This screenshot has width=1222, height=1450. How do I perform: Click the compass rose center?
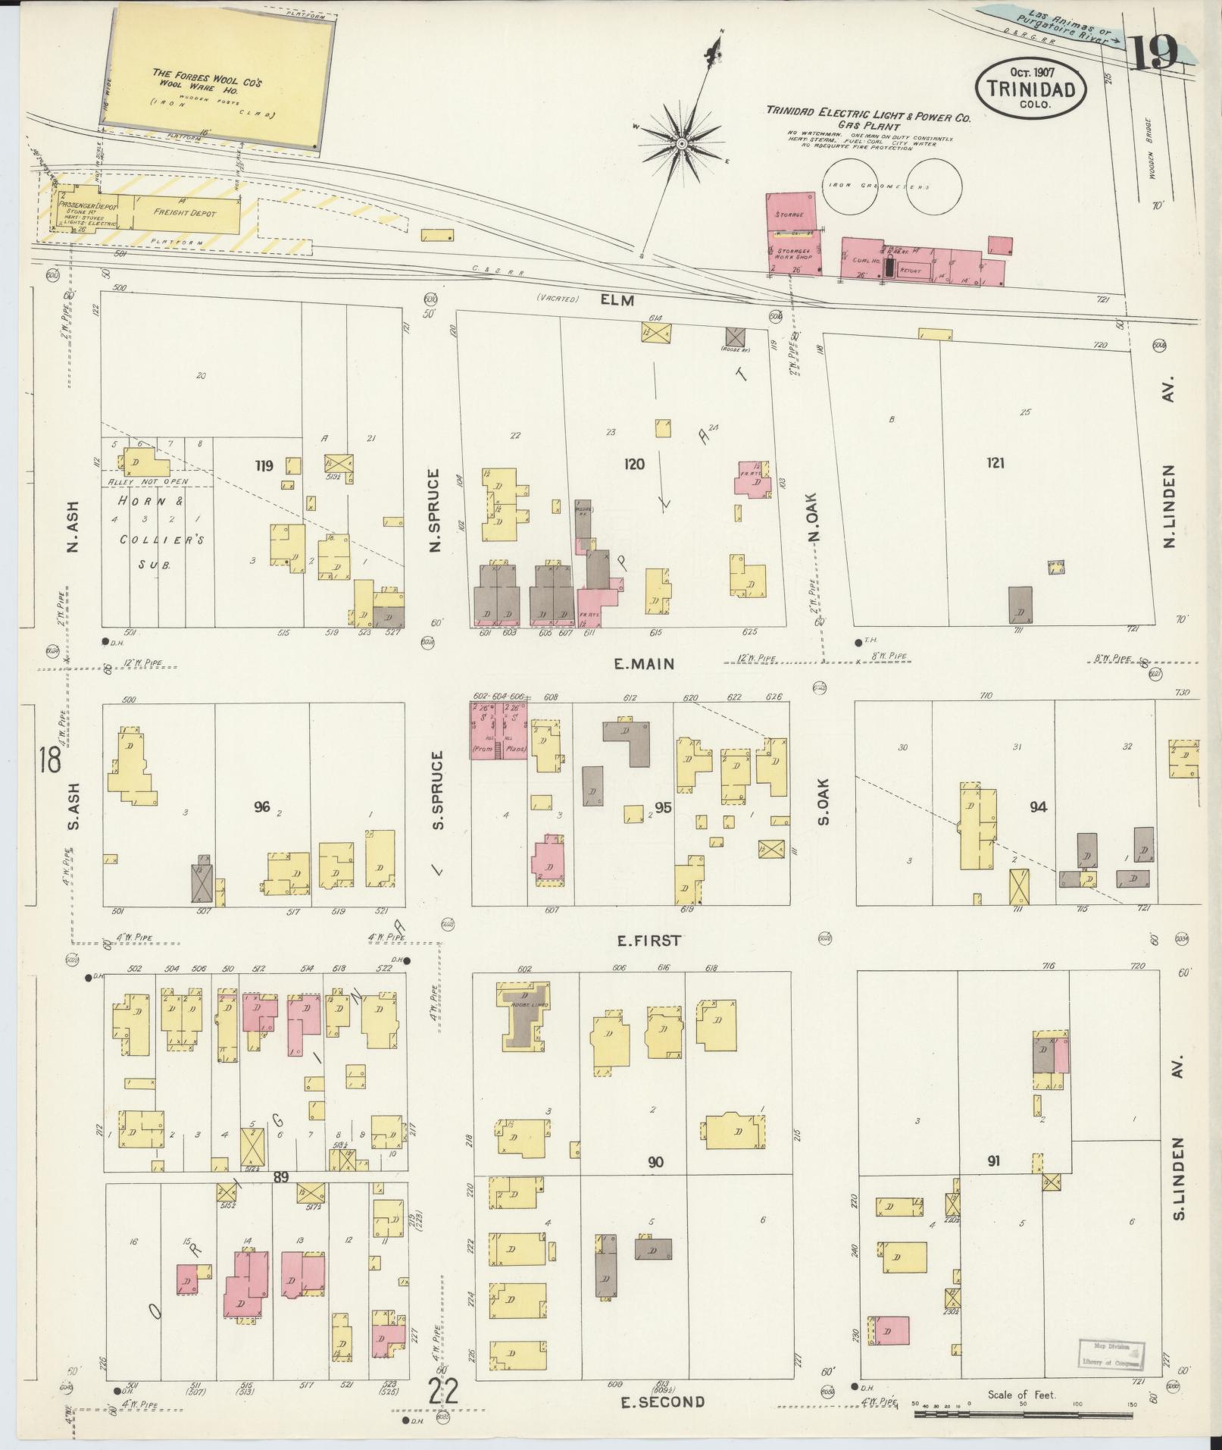click(682, 142)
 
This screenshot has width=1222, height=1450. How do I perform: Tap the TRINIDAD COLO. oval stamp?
click(1031, 89)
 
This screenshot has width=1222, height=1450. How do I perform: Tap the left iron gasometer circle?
click(852, 186)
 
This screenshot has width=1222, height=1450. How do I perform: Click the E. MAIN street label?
click(644, 663)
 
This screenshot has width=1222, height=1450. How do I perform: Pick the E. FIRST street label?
click(649, 941)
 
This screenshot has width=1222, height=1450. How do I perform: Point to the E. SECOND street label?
click(662, 1402)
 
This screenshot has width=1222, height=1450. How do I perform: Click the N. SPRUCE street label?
click(435, 511)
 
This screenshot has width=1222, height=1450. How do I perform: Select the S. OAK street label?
click(824, 802)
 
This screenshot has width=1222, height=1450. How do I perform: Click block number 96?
click(262, 806)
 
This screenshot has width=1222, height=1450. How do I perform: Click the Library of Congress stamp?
click(1111, 1352)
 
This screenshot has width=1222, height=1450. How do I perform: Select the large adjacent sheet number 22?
click(443, 1392)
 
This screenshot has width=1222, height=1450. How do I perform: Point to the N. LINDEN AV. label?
click(1169, 485)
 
